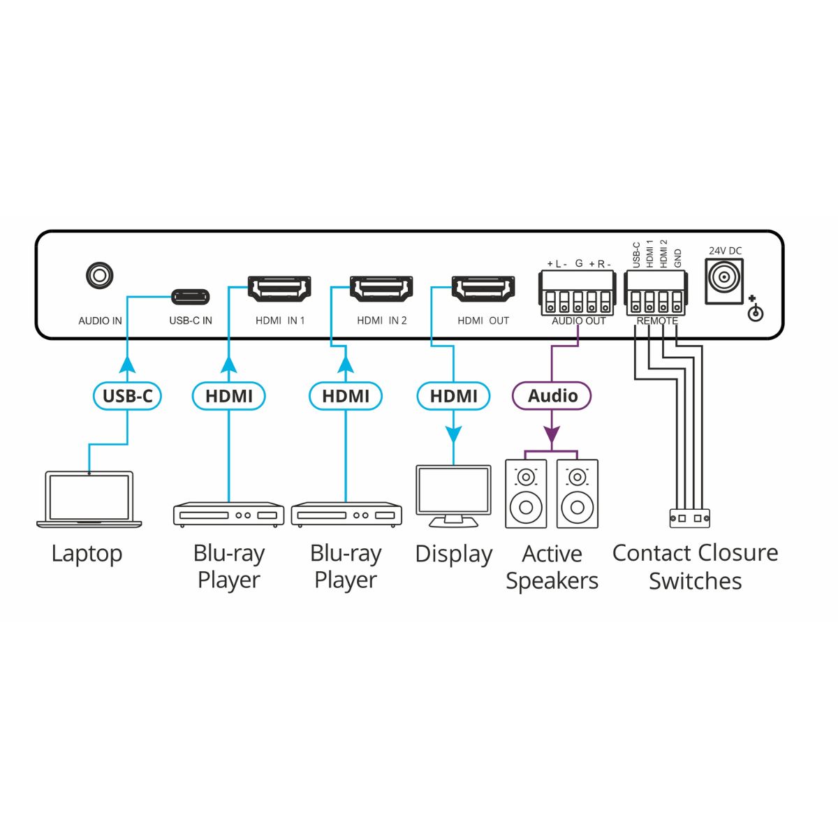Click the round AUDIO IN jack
(99, 275)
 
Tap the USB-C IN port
(191, 297)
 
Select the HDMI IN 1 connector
(279, 288)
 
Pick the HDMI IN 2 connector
(381, 288)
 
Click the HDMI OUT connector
(483, 288)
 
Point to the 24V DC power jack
(723, 281)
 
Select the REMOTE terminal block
(656, 293)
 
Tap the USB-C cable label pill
(127, 396)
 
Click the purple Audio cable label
(552, 396)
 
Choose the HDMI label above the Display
(453, 396)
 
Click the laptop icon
(89, 499)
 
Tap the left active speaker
(526, 494)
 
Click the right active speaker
(578, 494)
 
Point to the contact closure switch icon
(689, 518)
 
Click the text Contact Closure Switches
(695, 566)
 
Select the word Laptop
(87, 554)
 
